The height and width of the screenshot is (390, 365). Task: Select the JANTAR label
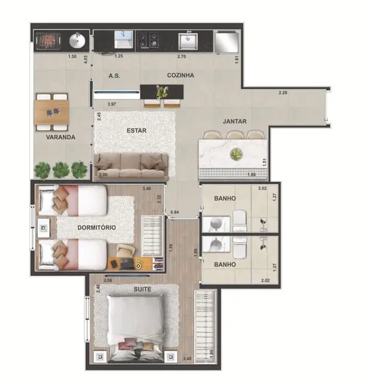tap(235, 121)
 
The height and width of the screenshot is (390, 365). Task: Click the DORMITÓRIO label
tap(96, 228)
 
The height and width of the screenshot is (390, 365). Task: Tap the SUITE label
tap(142, 290)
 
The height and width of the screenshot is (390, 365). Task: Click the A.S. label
tap(115, 76)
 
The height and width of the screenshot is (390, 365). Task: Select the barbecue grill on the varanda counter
tap(47, 41)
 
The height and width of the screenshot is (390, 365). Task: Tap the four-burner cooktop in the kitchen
tap(148, 40)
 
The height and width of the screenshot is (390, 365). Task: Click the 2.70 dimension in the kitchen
tap(182, 56)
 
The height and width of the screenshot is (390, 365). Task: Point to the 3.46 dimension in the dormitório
tap(146, 190)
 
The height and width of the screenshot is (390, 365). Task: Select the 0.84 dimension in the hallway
tap(174, 212)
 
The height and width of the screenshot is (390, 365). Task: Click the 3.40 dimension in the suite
tap(187, 359)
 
